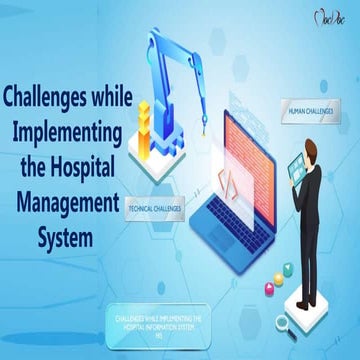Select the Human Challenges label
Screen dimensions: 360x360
pyautogui.click(x=309, y=112)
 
